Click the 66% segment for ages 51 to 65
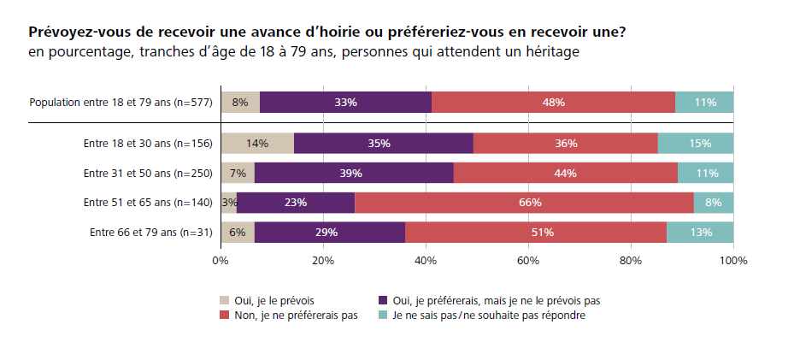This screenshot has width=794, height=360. click(524, 203)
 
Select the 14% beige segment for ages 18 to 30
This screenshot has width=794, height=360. click(257, 144)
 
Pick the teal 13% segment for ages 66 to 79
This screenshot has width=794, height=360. click(700, 232)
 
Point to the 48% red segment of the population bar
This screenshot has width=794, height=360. click(553, 103)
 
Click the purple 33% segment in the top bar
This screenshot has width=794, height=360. click(345, 103)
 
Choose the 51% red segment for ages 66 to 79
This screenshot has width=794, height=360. click(536, 232)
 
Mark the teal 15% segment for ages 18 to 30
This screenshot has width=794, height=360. click(696, 144)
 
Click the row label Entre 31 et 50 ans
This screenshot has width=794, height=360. click(147, 174)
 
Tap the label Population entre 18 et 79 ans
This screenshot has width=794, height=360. click(121, 103)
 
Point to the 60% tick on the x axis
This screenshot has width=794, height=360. click(527, 260)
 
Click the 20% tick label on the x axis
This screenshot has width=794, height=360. click(322, 260)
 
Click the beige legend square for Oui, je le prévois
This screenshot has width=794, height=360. click(225, 300)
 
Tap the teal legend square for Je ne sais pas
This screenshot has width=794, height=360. click(384, 315)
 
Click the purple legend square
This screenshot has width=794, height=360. click(384, 300)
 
